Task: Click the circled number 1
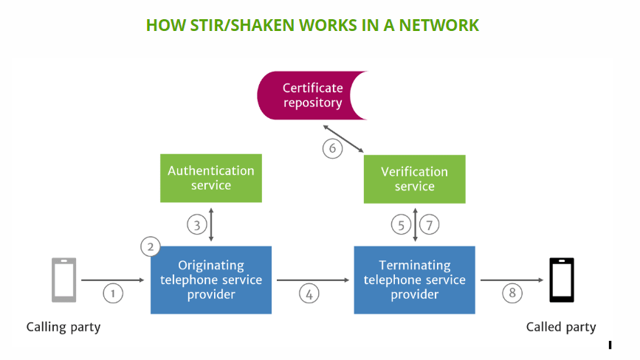pos(113,293)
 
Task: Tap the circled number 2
pos(151,246)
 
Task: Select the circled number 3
pos(197,225)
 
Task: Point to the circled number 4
pos(310,293)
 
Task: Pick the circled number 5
pos(401,225)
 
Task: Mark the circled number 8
pos(512,293)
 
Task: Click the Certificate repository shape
pos(310,96)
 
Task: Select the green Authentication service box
pos(211,178)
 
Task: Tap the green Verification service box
pos(414,179)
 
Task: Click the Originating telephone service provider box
pos(211,280)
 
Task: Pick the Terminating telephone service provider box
pos(414,280)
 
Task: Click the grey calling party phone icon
pos(63,280)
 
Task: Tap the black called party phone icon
pos(561,280)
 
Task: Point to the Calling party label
pos(63,327)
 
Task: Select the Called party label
pos(561,327)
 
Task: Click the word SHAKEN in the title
pos(261,25)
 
